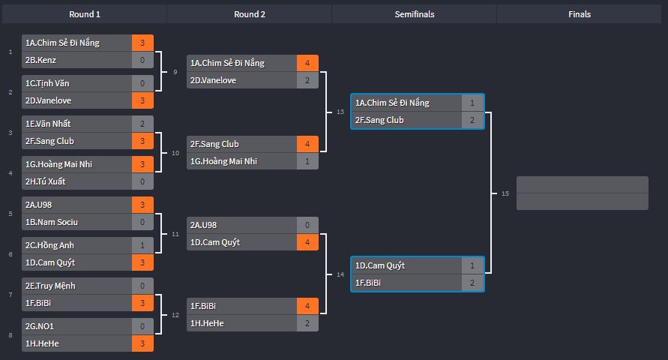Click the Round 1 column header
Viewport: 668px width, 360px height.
[85, 14]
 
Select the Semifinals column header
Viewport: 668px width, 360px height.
[415, 14]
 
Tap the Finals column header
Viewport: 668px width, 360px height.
[580, 14]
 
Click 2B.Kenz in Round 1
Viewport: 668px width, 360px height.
[40, 60]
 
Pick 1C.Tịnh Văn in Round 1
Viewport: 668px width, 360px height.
[47, 83]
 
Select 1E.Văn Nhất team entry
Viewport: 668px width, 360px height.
[48, 124]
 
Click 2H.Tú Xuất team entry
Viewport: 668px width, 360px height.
[45, 181]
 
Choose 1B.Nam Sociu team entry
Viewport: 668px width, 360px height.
[51, 222]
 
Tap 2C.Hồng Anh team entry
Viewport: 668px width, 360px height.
[49, 245]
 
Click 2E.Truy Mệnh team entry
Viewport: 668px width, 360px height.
[49, 286]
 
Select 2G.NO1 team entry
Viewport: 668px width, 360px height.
[39, 326]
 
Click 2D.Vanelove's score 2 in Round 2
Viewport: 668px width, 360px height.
[307, 80]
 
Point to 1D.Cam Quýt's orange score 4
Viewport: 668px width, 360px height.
[307, 242]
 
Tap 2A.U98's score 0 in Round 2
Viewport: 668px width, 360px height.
[307, 225]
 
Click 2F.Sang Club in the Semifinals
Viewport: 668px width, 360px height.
[379, 120]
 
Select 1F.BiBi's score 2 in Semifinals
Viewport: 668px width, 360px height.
[472, 283]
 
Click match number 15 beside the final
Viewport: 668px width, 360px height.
[505, 193]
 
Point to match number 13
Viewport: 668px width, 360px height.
[340, 112]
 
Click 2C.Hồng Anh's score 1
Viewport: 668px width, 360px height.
[142, 245]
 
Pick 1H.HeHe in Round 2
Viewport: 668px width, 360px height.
[207, 323]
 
